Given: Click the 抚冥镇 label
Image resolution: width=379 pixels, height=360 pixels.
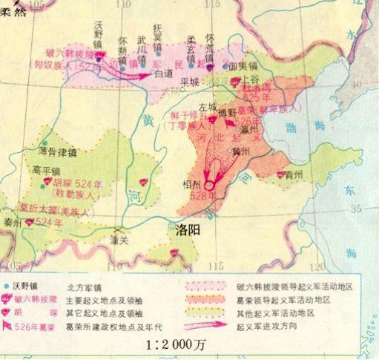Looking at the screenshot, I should [157, 34].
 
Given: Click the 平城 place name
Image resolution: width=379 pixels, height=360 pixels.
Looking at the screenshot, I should [191, 80].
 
